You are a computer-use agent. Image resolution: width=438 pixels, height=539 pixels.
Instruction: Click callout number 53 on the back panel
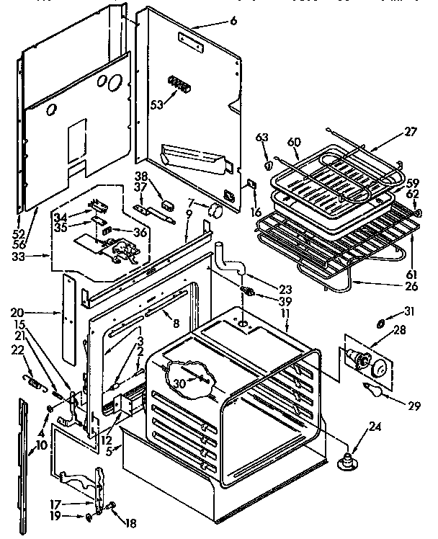click(156, 104)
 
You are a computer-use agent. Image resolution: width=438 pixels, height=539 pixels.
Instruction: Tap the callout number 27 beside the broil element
click(411, 132)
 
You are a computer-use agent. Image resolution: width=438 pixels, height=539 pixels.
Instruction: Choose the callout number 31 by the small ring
click(410, 311)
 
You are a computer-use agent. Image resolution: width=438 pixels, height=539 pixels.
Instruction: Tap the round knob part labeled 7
click(213, 210)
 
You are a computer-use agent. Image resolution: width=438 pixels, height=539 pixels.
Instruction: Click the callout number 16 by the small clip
click(256, 212)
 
